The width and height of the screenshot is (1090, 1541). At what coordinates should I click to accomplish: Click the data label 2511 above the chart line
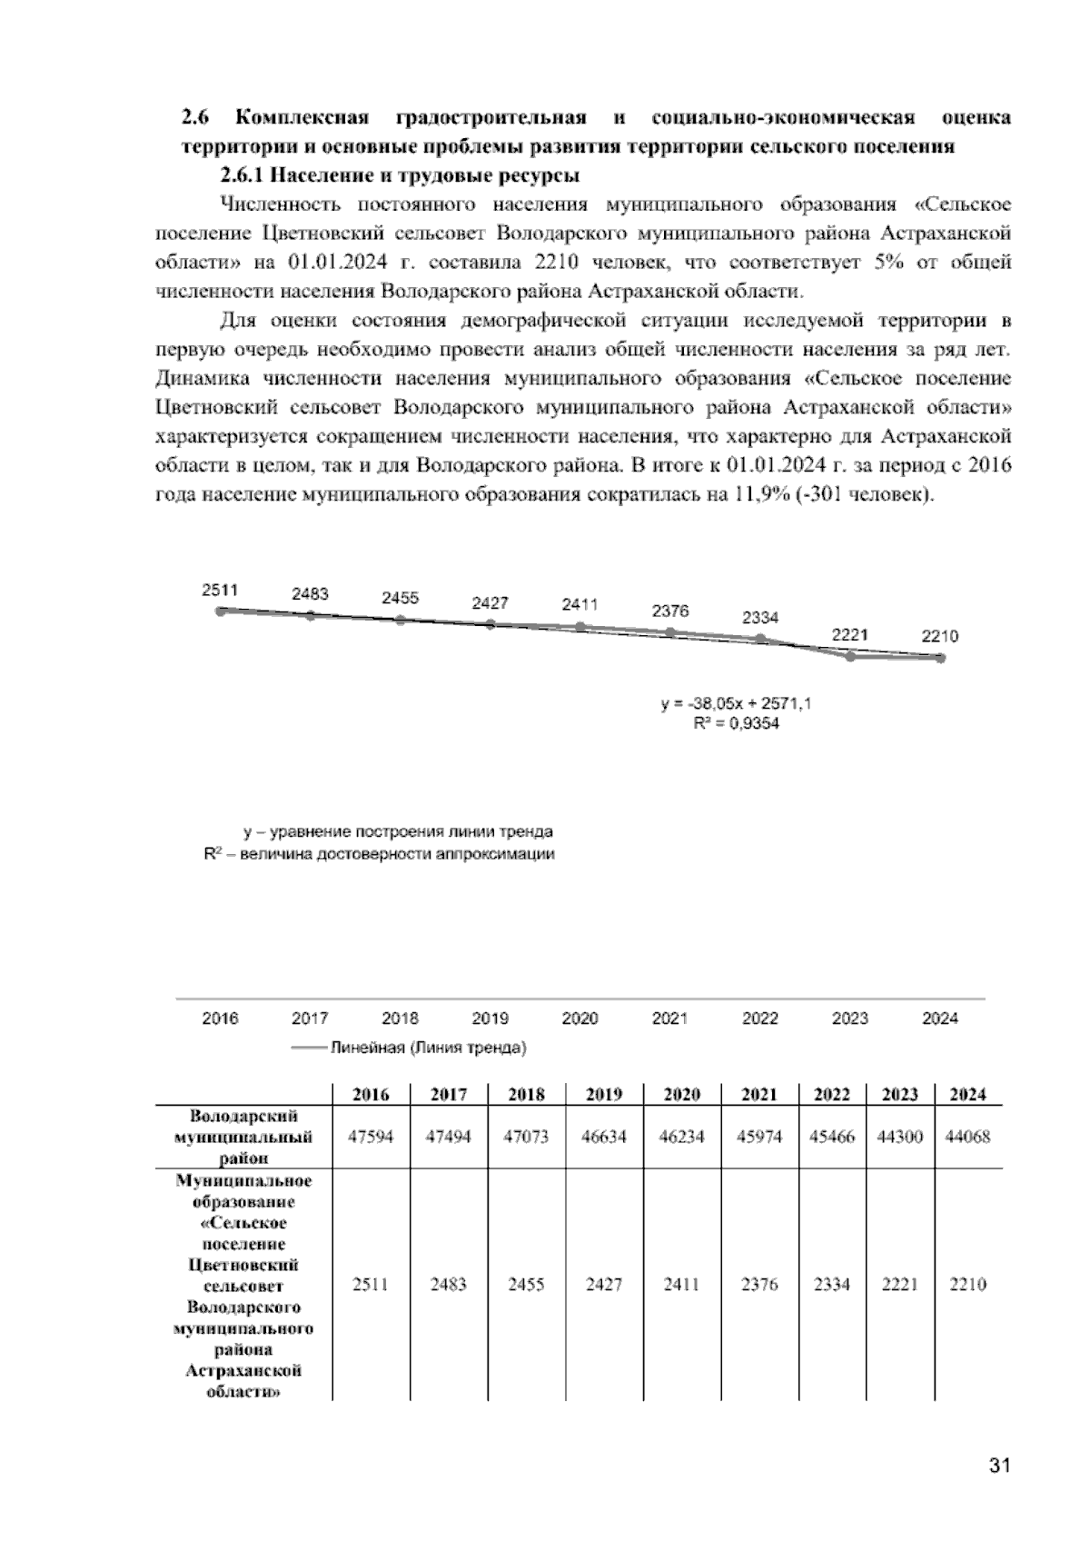[x=219, y=590]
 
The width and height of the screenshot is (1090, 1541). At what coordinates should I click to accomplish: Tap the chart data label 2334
[x=760, y=618]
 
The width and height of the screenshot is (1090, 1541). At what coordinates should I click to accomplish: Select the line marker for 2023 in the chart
[x=850, y=656]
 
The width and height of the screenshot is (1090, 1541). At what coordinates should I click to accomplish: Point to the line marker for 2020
[x=580, y=627]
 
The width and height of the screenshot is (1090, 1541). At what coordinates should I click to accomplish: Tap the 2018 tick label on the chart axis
[x=400, y=1019]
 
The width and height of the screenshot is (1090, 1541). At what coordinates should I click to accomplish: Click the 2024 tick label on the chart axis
[x=940, y=1019]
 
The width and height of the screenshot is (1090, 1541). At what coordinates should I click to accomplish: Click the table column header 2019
[x=603, y=1095]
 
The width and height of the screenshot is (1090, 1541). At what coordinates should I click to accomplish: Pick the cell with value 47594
[x=371, y=1137]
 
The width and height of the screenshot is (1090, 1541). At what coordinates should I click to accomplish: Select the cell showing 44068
[x=967, y=1137]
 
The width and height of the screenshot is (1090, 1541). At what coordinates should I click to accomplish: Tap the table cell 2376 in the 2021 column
[x=759, y=1285]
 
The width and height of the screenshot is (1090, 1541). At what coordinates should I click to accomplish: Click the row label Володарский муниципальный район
[x=243, y=1137]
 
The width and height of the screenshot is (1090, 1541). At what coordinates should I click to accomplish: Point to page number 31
[x=999, y=1466]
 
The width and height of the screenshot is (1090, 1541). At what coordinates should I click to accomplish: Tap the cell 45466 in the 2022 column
[x=832, y=1137]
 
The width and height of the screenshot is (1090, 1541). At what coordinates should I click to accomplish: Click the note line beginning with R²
[x=379, y=854]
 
